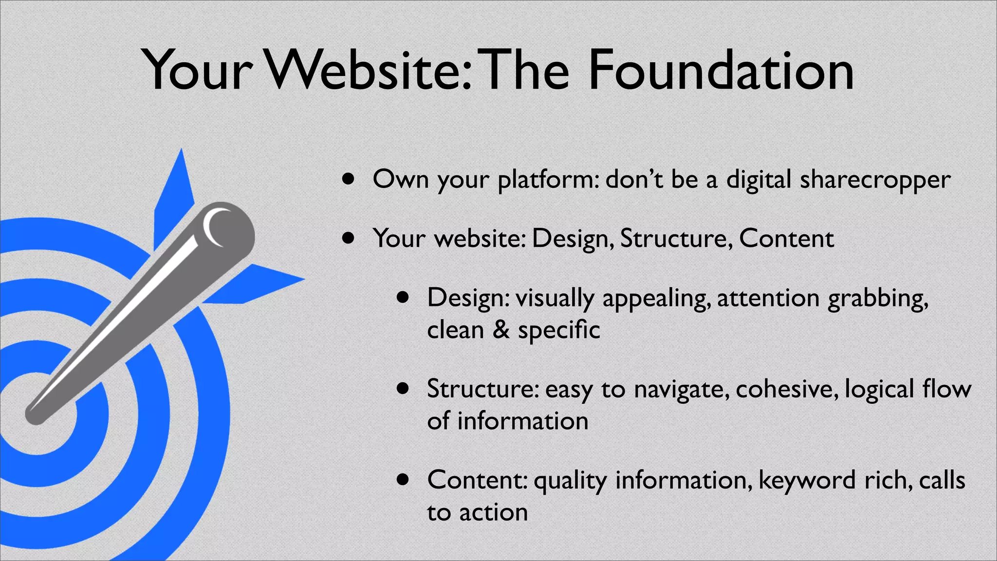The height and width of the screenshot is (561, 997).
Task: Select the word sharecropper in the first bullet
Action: pos(875,180)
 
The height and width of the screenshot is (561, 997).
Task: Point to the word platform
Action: pos(549,180)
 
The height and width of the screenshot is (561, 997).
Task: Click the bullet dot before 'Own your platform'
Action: pos(348,179)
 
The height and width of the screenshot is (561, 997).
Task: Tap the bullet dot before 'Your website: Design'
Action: pos(348,238)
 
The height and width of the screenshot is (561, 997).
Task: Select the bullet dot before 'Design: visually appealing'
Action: pos(403,297)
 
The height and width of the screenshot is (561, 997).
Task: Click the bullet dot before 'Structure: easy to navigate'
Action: pos(403,389)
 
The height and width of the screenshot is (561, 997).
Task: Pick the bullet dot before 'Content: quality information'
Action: pos(403,480)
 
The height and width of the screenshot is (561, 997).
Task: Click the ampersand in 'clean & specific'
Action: pos(501,330)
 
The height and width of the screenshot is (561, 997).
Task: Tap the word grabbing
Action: pos(878,299)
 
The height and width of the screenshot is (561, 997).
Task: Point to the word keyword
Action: pos(807,481)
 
